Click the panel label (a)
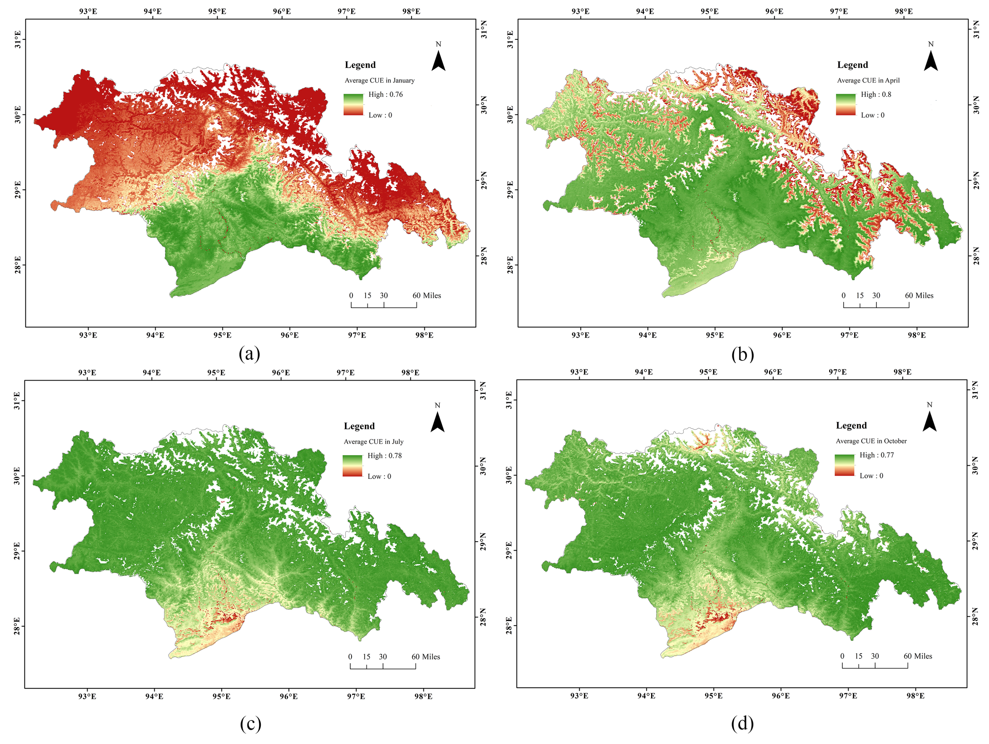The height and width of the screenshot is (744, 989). [249, 354]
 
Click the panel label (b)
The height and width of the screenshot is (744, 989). [742, 354]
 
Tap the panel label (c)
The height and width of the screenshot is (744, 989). [250, 724]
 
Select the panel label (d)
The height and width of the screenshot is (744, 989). [742, 723]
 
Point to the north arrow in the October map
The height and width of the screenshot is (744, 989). [929, 421]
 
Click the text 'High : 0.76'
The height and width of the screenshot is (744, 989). [386, 94]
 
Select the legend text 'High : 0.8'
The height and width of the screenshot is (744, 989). [876, 94]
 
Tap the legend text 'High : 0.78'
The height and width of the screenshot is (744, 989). [385, 455]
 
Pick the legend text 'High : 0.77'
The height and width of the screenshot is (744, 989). [876, 455]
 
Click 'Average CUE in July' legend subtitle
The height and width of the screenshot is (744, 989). [373, 441]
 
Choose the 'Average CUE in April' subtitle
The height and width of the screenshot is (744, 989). [868, 80]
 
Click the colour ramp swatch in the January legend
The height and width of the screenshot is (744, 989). [353, 105]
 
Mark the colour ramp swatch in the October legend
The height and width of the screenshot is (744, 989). [844, 465]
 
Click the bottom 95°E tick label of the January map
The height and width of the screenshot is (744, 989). [222, 335]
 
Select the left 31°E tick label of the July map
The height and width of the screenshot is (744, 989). [17, 400]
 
